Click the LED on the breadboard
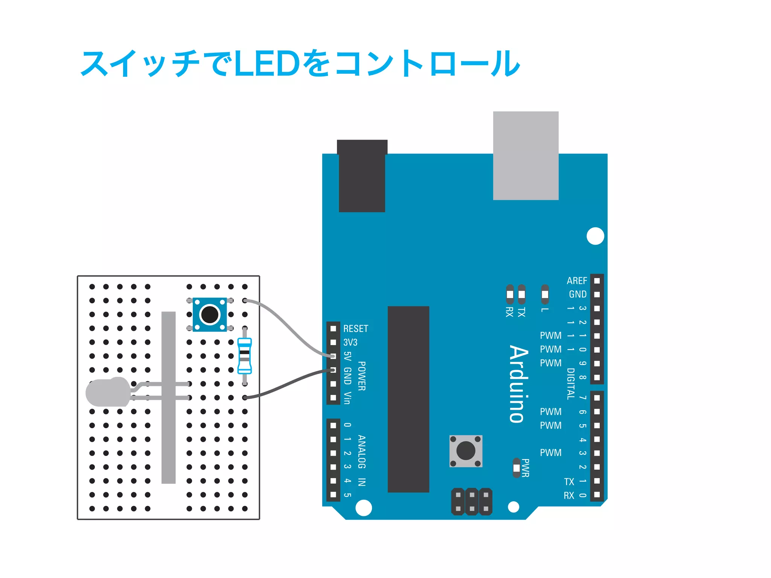click(x=108, y=392)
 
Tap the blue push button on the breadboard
click(x=210, y=315)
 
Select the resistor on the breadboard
click(x=245, y=356)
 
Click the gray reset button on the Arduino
click(x=466, y=451)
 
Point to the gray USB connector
click(x=526, y=155)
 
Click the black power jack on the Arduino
click(x=362, y=176)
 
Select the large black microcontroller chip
click(x=408, y=399)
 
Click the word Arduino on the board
click(x=519, y=384)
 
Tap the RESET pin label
click(x=355, y=329)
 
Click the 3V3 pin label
click(x=350, y=342)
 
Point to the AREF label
click(x=577, y=281)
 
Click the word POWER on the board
click(x=361, y=376)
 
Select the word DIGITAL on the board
click(x=571, y=383)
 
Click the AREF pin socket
click(x=597, y=281)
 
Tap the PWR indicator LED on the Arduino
click(x=517, y=468)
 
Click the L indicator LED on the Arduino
click(x=545, y=294)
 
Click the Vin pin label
click(x=347, y=398)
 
